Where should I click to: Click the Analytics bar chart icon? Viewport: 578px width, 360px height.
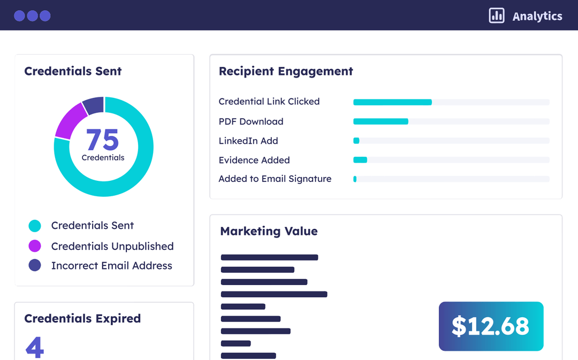(x=497, y=16)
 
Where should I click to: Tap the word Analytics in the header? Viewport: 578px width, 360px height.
(x=537, y=16)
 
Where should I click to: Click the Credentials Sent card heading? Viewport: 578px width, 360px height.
(x=73, y=71)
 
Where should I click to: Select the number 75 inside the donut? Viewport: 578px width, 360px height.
(x=102, y=140)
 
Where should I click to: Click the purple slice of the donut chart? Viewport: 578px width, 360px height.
(x=70, y=120)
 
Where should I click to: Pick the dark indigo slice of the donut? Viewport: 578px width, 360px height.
(x=94, y=105)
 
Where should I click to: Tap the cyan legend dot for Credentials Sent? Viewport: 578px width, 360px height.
(x=35, y=226)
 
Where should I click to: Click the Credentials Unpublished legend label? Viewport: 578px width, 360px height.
(x=112, y=246)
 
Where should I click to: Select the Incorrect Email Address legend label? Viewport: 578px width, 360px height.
(x=111, y=265)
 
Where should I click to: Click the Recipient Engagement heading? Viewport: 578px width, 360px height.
(x=286, y=71)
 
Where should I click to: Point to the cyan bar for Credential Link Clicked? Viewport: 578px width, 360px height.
(x=392, y=102)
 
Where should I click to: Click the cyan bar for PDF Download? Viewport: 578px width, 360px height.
(x=381, y=121)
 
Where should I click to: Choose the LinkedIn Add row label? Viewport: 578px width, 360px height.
(x=248, y=141)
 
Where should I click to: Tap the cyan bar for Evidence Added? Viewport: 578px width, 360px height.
(x=360, y=160)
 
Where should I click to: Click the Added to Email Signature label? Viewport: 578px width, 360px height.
(x=275, y=179)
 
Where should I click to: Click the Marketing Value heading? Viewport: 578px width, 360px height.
(x=269, y=231)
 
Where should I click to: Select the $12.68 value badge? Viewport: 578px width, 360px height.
(x=491, y=326)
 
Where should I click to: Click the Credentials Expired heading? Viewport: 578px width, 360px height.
(x=82, y=318)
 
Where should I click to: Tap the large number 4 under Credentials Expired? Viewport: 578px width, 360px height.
(x=35, y=347)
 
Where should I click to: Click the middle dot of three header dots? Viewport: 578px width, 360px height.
(x=32, y=16)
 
